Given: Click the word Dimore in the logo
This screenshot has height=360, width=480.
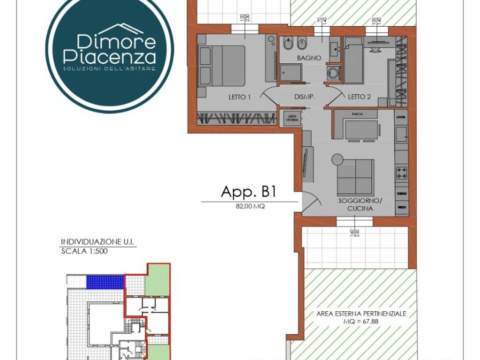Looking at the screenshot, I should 109,41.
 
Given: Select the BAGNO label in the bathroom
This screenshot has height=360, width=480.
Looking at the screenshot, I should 308,58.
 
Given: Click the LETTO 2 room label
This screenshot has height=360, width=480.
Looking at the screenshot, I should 360,97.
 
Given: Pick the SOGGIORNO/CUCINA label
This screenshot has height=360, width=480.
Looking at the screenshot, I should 360,204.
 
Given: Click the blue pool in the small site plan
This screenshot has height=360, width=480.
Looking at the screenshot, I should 105,281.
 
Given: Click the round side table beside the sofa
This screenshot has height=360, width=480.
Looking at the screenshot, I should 337,160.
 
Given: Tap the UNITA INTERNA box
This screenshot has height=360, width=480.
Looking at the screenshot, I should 290,118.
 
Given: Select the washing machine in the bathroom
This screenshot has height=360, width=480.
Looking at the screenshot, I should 334,73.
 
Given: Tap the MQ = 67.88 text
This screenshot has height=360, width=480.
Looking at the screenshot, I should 360,322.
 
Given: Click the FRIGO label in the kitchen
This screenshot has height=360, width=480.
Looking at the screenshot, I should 402,207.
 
